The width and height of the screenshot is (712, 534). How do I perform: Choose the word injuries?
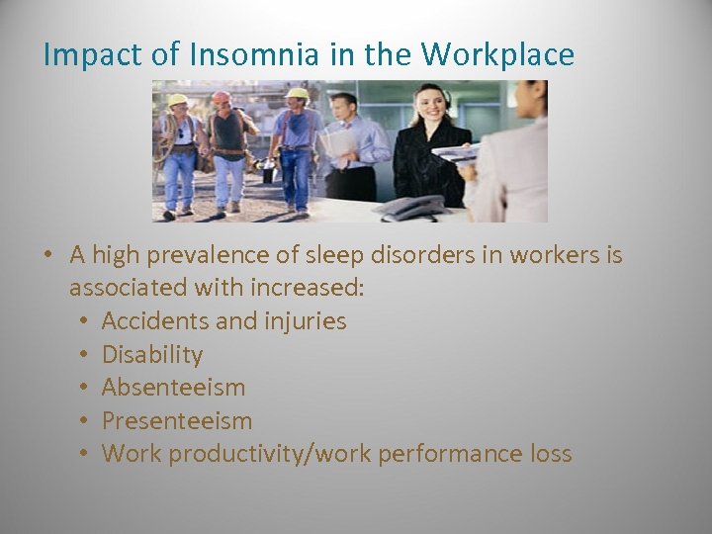coord(306,321)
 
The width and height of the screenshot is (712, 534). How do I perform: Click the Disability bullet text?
coord(152,354)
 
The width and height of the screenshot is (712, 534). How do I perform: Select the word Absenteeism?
coord(173,388)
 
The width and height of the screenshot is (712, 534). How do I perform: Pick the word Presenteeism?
coord(177,420)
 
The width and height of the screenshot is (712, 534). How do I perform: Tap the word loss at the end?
coord(551,454)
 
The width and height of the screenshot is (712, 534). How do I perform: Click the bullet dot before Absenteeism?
coord(85,388)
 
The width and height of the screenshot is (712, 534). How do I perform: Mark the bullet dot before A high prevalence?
coord(47,255)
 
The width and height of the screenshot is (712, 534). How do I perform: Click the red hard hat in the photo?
coord(222,98)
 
